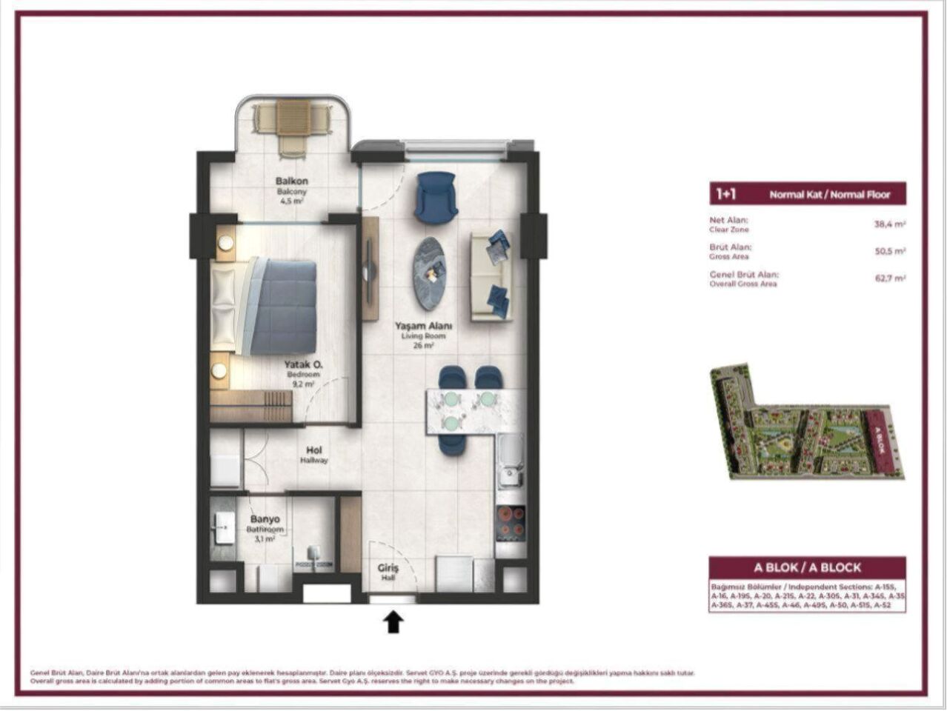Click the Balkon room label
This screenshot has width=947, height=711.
(291, 181)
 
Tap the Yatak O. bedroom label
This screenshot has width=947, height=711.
(301, 364)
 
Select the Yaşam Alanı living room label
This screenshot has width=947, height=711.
(423, 326)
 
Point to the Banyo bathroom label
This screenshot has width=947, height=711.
(265, 519)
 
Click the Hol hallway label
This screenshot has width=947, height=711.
(314, 450)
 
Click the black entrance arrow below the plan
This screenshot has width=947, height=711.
(393, 621)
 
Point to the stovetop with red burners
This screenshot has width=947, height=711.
(511, 522)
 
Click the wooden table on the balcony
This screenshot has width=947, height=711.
(292, 118)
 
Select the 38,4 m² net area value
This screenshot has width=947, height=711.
(889, 223)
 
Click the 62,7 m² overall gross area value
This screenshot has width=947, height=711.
(889, 278)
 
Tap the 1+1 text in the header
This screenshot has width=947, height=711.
(725, 194)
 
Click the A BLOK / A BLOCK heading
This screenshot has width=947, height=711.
(807, 567)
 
